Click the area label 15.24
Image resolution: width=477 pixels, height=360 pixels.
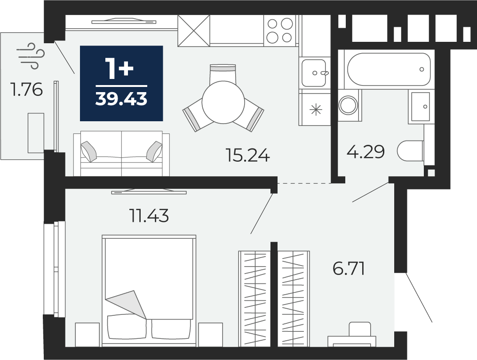[247, 155]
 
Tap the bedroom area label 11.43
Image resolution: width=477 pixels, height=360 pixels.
[149, 216]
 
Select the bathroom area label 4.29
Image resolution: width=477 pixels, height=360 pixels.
[366, 152]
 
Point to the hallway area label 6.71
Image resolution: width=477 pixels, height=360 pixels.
[349, 268]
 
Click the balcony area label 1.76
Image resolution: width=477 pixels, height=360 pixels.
[26, 90]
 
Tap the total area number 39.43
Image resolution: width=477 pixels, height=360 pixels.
[121, 99]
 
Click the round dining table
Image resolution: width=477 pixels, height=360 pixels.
[223, 102]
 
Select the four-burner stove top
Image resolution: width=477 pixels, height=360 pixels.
[279, 31]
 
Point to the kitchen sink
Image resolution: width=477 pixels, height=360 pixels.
[314, 73]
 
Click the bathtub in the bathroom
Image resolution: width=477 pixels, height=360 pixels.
[389, 70]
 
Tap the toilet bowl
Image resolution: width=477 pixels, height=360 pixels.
[411, 151]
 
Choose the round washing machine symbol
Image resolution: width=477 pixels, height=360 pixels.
[349, 105]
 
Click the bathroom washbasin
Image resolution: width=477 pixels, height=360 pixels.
[421, 107]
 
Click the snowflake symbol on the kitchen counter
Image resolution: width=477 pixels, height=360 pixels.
[316, 110]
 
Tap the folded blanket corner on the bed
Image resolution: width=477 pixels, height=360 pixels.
[126, 304]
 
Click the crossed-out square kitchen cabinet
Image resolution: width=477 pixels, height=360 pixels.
[194, 31]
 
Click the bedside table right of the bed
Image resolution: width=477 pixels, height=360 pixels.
[211, 335]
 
